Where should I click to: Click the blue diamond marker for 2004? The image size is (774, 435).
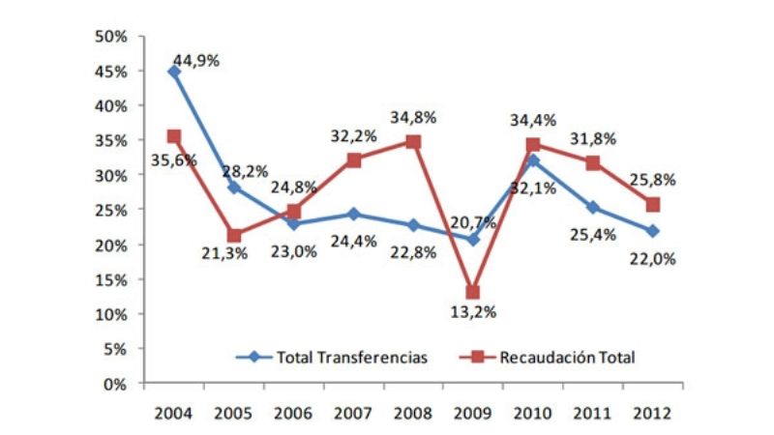pos(174,72)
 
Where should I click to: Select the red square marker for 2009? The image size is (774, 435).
pos(473,292)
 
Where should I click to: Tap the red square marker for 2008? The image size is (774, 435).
pos(413,142)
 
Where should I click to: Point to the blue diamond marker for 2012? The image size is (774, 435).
pos(652,231)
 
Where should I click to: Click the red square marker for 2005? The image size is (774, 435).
pos(234,235)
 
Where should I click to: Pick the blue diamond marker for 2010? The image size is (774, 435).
pos(532,160)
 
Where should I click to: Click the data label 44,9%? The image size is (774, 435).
pos(196,60)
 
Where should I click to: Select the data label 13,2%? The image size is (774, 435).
pos(473,311)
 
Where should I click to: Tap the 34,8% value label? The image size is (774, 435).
pos(413,117)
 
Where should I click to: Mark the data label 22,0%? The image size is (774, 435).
pos(652,258)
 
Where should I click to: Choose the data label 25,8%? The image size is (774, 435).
pos(652,180)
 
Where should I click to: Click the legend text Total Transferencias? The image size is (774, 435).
pos(352,357)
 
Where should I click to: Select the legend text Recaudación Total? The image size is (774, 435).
pos(567,357)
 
